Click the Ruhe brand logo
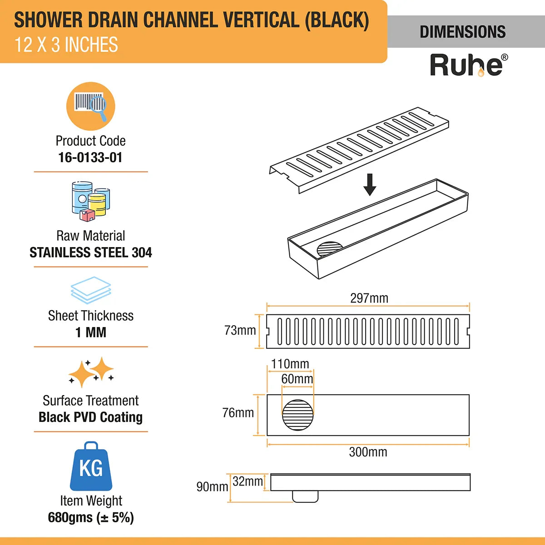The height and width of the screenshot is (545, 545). (468, 65)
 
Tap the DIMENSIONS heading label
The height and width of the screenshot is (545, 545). (462, 32)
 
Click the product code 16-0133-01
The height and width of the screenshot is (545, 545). (90, 158)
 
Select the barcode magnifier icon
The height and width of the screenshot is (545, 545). (91, 106)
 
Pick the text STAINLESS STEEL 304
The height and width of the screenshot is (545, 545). (91, 253)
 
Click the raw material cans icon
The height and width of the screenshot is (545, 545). (91, 201)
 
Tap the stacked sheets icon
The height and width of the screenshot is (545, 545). (91, 290)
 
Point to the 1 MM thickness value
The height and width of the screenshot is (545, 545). (91, 332)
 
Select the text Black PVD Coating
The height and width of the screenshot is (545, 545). (91, 417)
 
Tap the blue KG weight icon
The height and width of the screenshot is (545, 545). (91, 466)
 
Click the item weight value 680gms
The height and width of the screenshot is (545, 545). (91, 518)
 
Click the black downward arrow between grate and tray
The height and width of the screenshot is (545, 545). (370, 184)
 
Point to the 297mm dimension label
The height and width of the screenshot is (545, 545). (369, 298)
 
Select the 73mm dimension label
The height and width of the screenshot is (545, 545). (240, 331)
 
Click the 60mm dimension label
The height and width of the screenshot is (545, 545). (297, 379)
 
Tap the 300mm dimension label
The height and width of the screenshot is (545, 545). (368, 452)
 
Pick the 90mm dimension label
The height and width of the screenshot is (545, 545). (212, 487)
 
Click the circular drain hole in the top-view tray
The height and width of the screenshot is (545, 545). (298, 415)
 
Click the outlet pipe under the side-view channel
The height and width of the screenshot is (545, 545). (305, 496)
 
